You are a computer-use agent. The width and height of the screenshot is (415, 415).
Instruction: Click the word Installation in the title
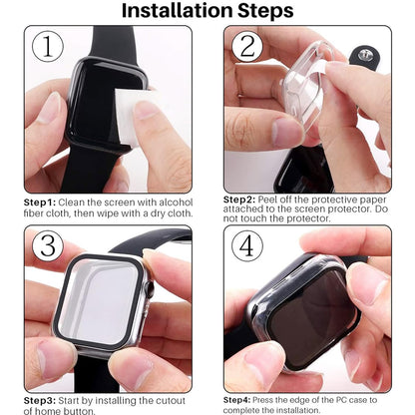(175, 12)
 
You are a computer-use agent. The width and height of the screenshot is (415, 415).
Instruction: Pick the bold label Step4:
(241, 400)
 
